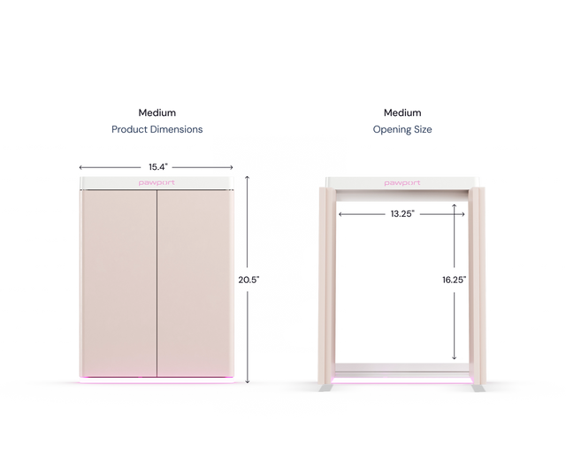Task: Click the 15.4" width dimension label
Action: click(158, 167)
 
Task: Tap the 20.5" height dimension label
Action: click(249, 280)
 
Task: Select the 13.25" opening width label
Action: click(402, 214)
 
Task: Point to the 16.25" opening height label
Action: click(454, 280)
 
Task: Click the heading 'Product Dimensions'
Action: click(157, 129)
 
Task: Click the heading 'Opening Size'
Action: click(402, 129)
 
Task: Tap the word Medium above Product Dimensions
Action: click(157, 112)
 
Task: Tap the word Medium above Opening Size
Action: click(402, 112)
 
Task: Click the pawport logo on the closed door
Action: click(157, 183)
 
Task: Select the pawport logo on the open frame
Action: click(402, 183)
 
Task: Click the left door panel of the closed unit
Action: click(118, 284)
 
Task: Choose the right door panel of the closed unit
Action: click(195, 284)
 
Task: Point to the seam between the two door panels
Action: click(157, 284)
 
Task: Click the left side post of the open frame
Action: click(327, 286)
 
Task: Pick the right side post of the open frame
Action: click(478, 286)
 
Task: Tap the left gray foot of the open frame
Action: click(325, 388)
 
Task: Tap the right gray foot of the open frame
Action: click(479, 388)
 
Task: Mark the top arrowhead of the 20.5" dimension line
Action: click(248, 177)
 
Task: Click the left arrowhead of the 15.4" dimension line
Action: click(80, 167)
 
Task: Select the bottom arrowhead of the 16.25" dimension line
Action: click(454, 357)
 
